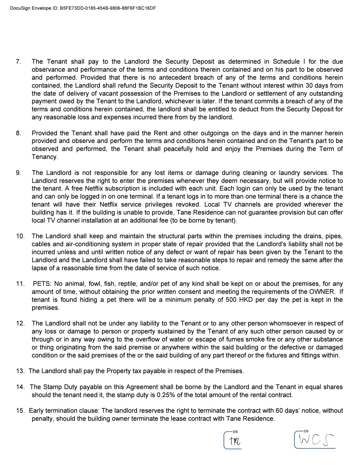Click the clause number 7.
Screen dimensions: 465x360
[x=18, y=62]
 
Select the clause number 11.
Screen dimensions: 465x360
[x=20, y=284]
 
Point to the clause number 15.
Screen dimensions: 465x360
[x=20, y=411]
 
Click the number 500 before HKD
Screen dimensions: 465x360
[x=230, y=300]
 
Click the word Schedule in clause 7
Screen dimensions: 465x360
[x=286, y=62]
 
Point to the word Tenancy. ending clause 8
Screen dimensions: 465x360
[x=45, y=157]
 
